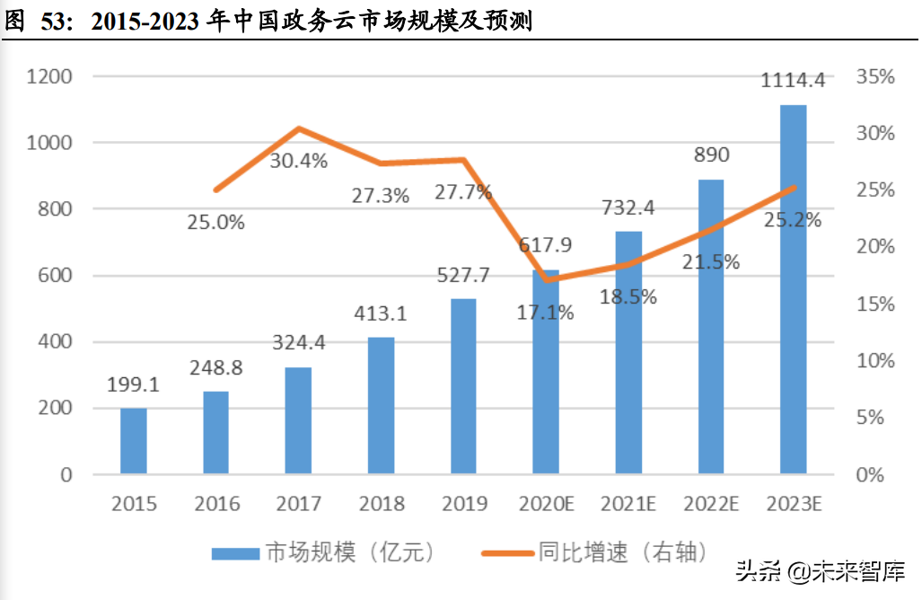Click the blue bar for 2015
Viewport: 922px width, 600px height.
coord(134,440)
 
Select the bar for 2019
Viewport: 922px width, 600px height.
coord(463,386)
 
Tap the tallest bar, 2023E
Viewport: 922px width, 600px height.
coord(793,289)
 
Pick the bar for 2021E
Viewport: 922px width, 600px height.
coord(628,352)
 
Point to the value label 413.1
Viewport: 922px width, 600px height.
coord(381,313)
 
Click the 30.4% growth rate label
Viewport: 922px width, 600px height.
coord(299,162)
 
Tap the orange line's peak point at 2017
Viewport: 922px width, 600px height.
coord(299,128)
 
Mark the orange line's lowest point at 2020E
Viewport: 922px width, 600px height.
coord(546,279)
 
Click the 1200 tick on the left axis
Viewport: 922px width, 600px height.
coord(50,76)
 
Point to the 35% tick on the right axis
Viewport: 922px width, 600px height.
coord(875,76)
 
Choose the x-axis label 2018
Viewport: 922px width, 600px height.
coord(381,503)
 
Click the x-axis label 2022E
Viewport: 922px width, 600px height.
coord(710,503)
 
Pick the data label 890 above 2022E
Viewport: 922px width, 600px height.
coord(710,154)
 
